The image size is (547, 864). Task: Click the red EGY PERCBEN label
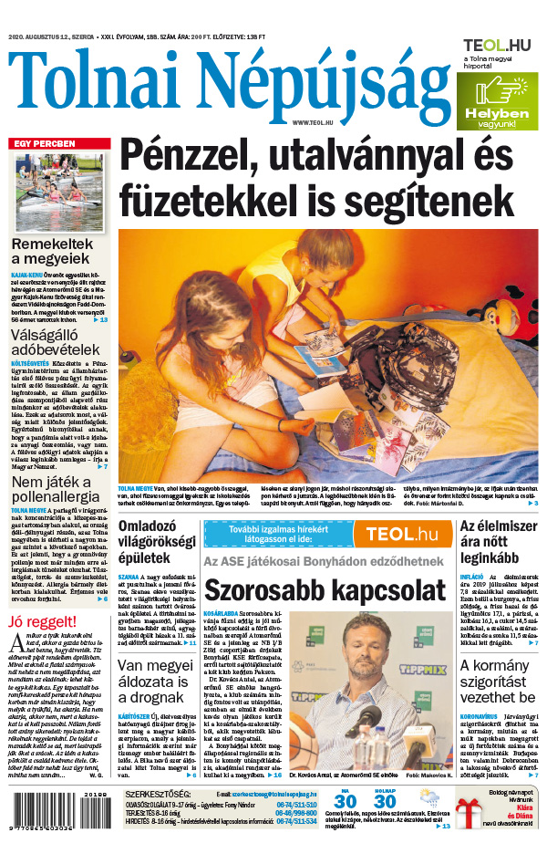point(45,144)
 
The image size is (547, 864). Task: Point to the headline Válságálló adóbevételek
point(55,341)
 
